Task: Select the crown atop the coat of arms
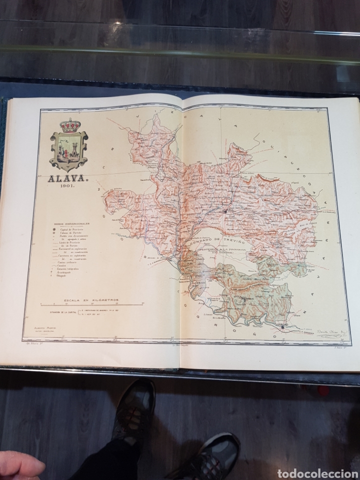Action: coord(68,125)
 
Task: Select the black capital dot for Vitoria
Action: coord(226,211)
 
